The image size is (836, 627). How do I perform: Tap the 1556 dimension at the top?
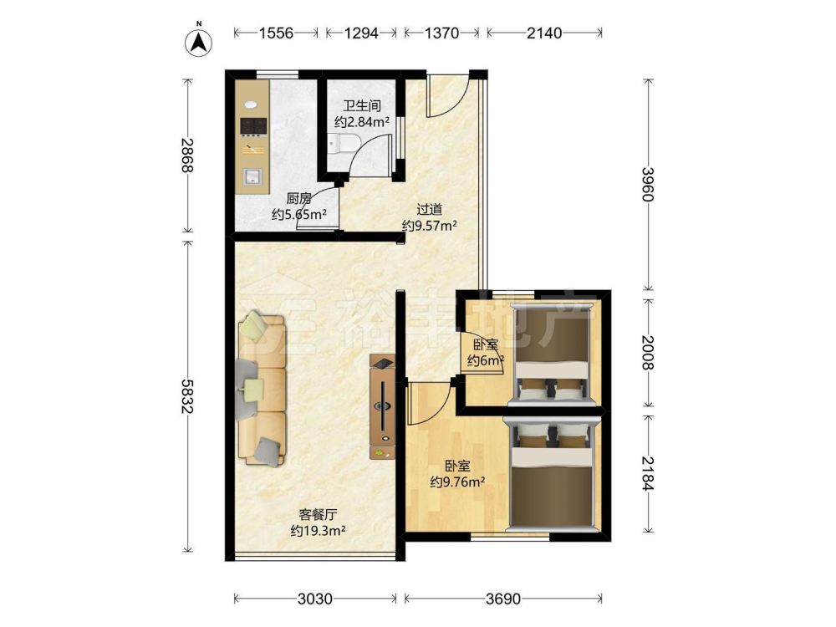pyautogui.click(x=276, y=33)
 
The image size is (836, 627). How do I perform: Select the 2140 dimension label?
pyautogui.click(x=544, y=33)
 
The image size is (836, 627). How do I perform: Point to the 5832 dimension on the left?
pyautogui.click(x=187, y=396)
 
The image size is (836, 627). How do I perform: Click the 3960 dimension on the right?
pyautogui.click(x=648, y=184)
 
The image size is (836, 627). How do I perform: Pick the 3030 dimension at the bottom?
pyautogui.click(x=314, y=599)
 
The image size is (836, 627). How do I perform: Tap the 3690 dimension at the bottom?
pyautogui.click(x=503, y=599)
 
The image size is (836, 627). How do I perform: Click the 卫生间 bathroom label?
pyautogui.click(x=361, y=105)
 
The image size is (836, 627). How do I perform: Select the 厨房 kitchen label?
pyautogui.click(x=298, y=199)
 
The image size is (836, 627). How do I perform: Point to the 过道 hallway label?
pyautogui.click(x=429, y=210)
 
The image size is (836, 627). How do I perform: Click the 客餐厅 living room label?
pyautogui.click(x=318, y=514)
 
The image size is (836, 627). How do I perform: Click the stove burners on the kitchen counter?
pyautogui.click(x=253, y=126)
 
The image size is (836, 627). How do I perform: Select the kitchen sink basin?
pyautogui.click(x=252, y=176)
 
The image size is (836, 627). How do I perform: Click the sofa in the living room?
pyautogui.click(x=261, y=390)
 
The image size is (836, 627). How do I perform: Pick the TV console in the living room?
pyautogui.click(x=383, y=407)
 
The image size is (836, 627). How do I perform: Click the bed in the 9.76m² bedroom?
pyautogui.click(x=551, y=475)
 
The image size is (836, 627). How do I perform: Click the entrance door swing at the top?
pyautogui.click(x=447, y=95)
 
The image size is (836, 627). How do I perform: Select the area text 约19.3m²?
pyautogui.click(x=318, y=531)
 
